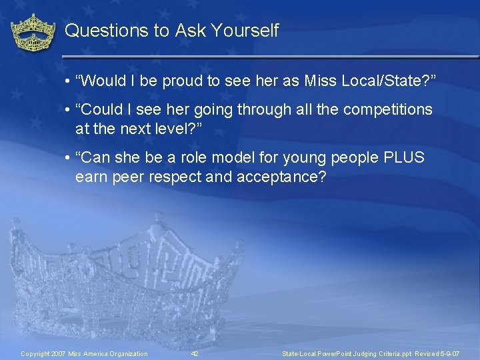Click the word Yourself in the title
pyautogui.click(x=247, y=31)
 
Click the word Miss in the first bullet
pyautogui.click(x=319, y=81)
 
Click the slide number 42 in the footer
pyautogui.click(x=195, y=353)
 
